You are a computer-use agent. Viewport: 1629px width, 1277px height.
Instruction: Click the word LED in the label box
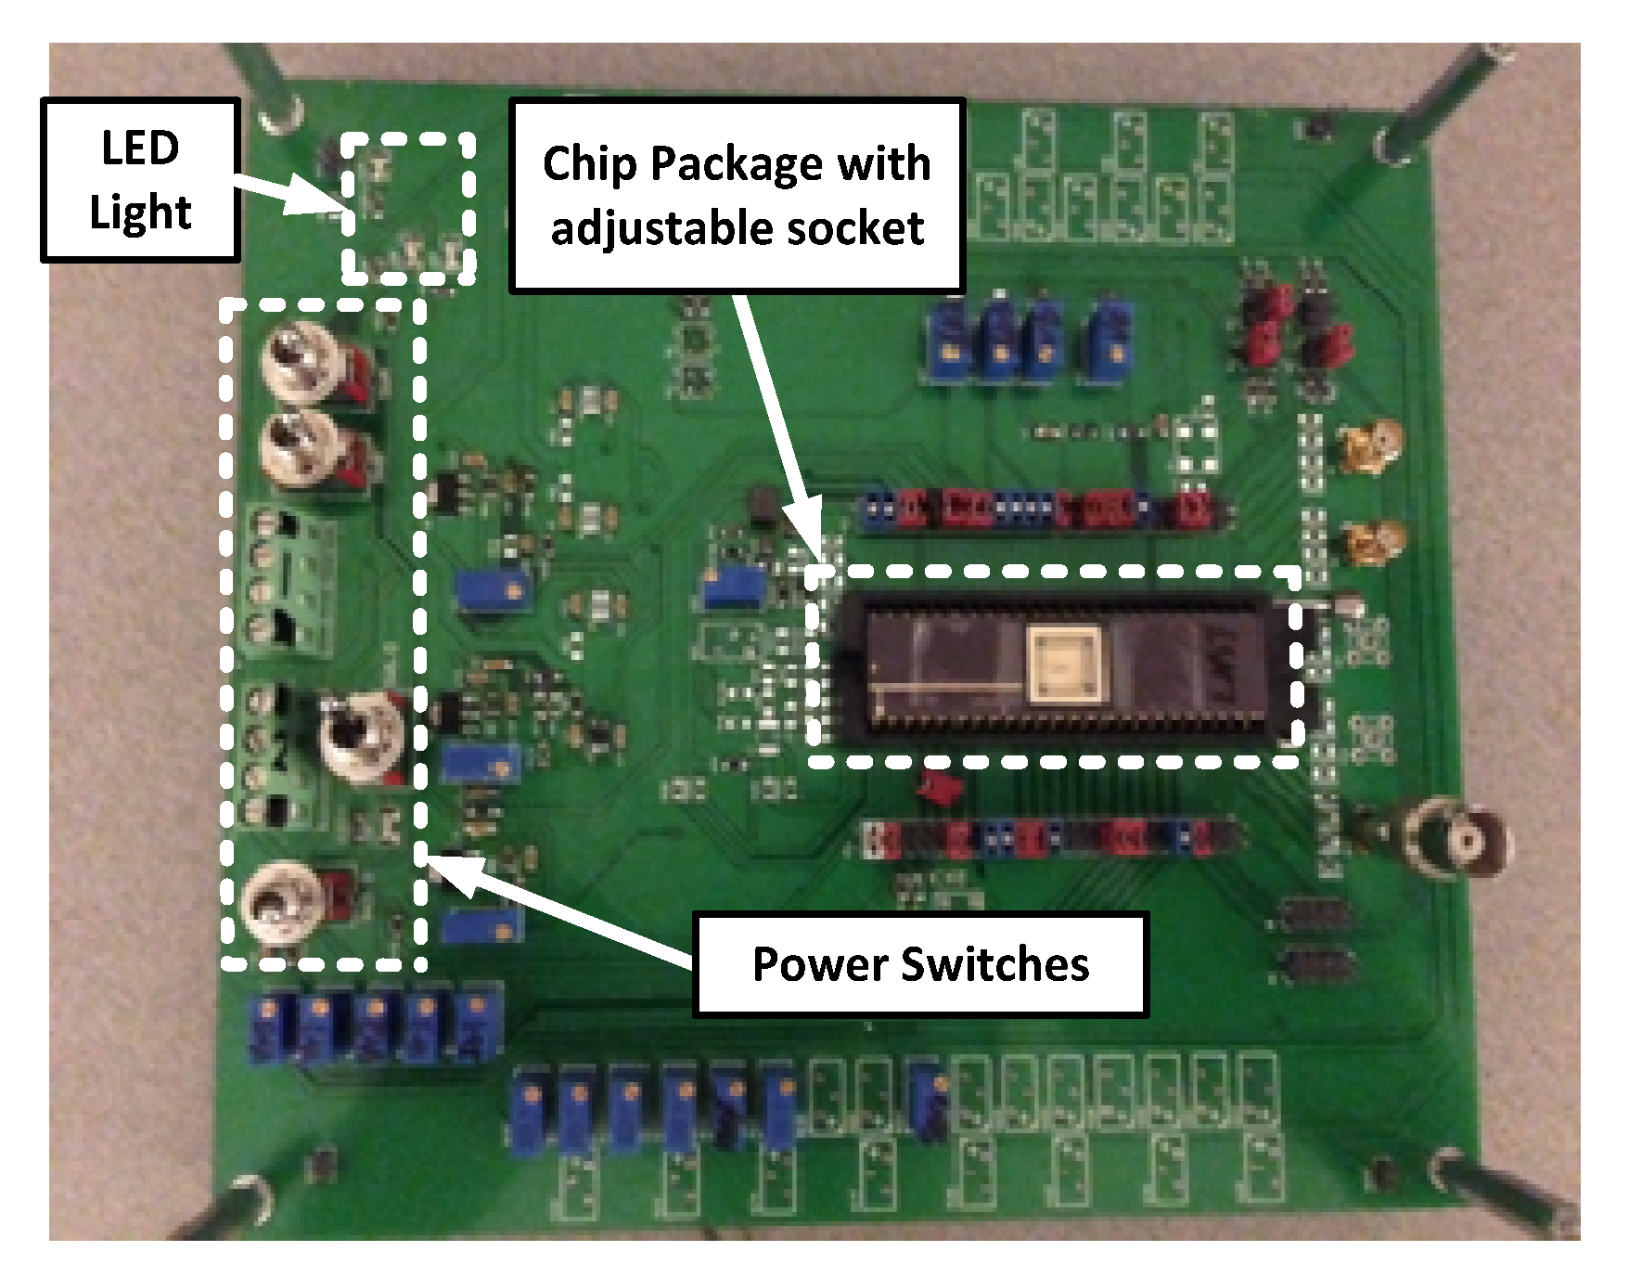point(140,148)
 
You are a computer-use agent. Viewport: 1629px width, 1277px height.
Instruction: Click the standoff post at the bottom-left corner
point(240,1207)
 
